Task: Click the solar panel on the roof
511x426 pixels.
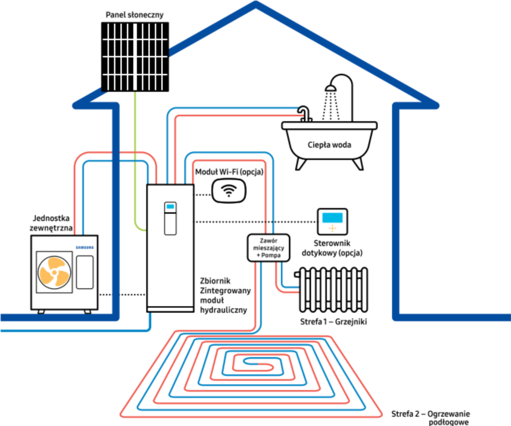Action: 135,56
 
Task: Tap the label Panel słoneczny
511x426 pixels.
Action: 134,14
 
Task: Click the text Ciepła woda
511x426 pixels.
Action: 329,145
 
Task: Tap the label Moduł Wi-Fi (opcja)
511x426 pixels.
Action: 229,172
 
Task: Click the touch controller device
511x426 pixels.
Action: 333,221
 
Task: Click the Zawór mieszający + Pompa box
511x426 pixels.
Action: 269,247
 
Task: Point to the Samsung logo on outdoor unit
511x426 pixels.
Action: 84,247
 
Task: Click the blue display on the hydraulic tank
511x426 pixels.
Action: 170,207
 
